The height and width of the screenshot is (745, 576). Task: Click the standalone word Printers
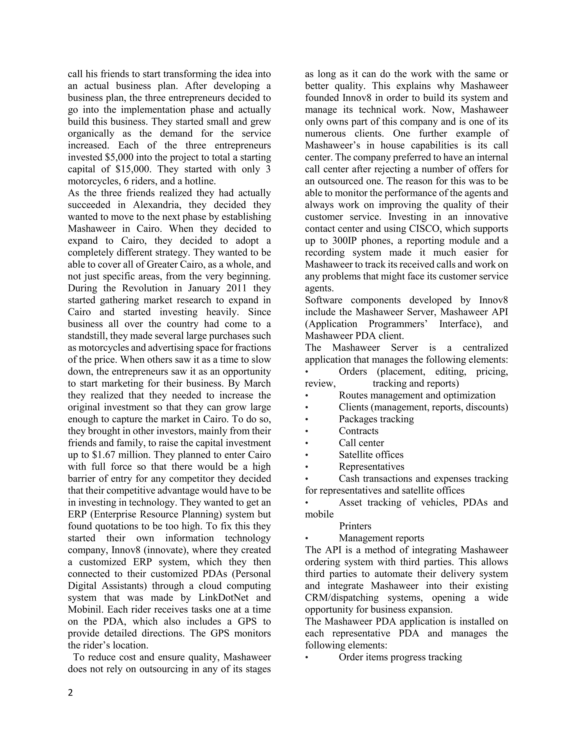[355, 526]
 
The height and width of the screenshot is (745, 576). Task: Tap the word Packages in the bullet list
[357, 419]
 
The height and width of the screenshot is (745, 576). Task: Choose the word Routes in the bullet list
[353, 395]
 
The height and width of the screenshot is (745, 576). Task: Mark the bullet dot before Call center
[307, 443]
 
